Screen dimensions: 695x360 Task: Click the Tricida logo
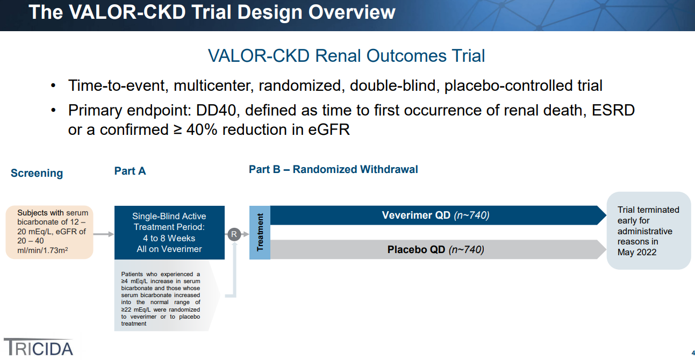tap(39, 347)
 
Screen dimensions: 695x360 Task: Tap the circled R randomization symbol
tap(234, 234)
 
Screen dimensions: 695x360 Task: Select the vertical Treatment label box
tap(260, 232)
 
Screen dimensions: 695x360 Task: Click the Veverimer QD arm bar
tap(438, 215)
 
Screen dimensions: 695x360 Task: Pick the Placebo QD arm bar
tap(438, 249)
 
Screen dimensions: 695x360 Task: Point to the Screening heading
tap(37, 173)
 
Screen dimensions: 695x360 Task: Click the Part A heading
tap(130, 171)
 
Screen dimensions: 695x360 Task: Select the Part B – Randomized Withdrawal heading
tap(333, 169)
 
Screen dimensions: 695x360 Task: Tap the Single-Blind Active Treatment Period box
tap(169, 233)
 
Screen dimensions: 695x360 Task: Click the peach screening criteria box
tap(49, 232)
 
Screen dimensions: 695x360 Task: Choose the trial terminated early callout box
tap(649, 231)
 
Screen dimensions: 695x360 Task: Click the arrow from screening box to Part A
tap(104, 234)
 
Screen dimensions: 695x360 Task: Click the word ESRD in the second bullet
tap(613, 110)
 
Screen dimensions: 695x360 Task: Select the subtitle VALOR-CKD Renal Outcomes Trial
tap(346, 56)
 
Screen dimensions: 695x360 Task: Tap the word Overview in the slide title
tap(352, 12)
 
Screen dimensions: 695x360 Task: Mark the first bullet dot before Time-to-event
tap(53, 85)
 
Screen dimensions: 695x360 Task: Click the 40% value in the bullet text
tap(202, 129)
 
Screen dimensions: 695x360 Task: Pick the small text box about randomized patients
tap(160, 299)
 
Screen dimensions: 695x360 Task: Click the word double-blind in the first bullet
tap(392, 85)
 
